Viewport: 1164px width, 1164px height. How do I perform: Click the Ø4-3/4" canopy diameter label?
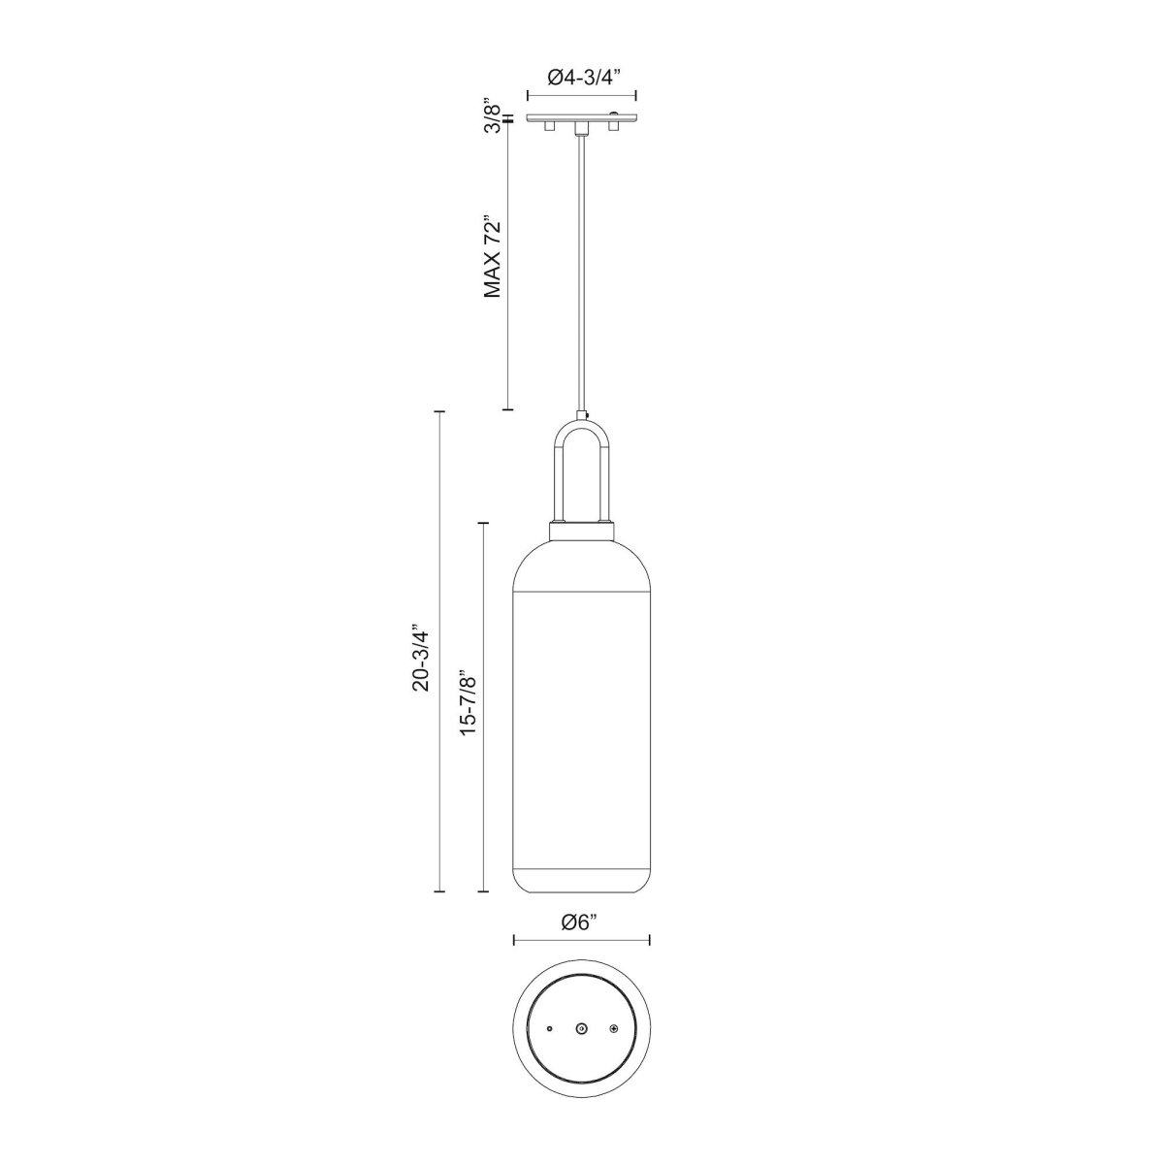tap(581, 78)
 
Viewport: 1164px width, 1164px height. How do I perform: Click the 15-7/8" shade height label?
tap(469, 700)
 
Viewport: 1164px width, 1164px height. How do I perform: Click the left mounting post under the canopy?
tap(550, 128)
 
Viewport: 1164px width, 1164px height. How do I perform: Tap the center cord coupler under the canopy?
tap(581, 129)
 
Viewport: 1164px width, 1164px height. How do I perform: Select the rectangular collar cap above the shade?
tap(581, 531)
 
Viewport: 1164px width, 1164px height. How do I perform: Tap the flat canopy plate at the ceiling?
tap(581, 118)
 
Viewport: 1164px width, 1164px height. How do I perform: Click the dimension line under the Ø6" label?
tap(581, 939)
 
